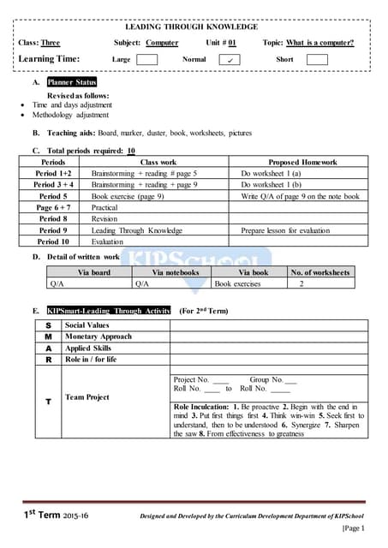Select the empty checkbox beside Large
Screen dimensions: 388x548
click(x=147, y=60)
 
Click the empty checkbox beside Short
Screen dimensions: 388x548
click(x=317, y=60)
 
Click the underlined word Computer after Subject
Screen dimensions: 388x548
click(x=162, y=42)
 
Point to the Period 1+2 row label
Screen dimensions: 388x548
click(x=53, y=173)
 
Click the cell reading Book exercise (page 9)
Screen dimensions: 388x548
click(x=128, y=196)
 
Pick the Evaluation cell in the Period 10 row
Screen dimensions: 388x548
click(x=108, y=242)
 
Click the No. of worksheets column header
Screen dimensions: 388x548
click(x=320, y=272)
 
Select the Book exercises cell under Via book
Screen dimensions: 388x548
click(x=237, y=283)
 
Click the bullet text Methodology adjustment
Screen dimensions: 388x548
click(x=70, y=115)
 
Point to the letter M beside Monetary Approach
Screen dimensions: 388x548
click(x=49, y=337)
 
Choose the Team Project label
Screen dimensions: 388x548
click(x=87, y=397)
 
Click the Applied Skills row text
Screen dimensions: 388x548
click(x=88, y=348)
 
